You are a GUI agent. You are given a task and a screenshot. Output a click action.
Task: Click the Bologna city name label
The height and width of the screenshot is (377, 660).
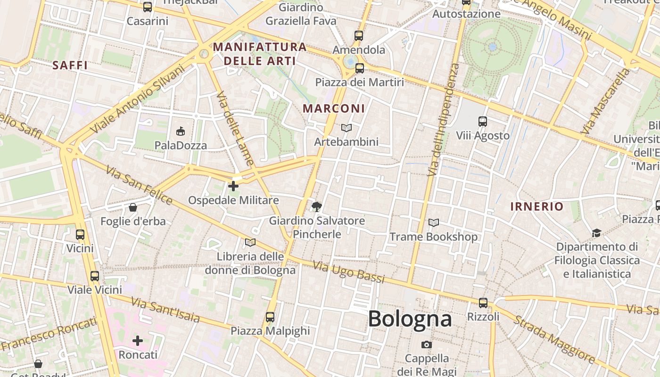(x=410, y=319)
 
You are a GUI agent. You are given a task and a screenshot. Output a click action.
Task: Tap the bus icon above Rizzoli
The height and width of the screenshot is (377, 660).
(x=483, y=303)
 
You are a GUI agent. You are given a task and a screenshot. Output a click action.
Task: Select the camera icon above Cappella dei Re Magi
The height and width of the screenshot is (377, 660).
(x=427, y=345)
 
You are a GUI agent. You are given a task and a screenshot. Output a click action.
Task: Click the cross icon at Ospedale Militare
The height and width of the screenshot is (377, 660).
(x=233, y=186)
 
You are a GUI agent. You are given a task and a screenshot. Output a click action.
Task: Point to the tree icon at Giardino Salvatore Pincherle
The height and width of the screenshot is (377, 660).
(x=317, y=206)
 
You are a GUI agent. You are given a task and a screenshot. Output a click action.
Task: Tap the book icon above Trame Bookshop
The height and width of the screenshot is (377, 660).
(x=434, y=222)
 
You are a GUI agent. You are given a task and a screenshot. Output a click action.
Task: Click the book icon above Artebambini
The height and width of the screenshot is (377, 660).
(x=346, y=128)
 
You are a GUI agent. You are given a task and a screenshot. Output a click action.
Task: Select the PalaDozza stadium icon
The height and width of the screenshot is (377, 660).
(x=181, y=131)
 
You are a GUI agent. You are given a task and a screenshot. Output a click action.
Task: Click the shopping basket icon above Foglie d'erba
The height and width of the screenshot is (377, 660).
(x=133, y=207)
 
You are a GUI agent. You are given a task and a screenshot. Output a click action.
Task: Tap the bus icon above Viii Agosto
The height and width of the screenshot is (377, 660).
(x=482, y=122)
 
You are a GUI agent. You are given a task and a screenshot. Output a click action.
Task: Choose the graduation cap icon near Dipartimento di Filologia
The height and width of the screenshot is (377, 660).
(x=596, y=233)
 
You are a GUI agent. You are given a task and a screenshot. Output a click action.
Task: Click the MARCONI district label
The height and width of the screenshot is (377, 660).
(x=334, y=108)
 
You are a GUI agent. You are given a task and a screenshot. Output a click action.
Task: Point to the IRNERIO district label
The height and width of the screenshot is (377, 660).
(x=537, y=206)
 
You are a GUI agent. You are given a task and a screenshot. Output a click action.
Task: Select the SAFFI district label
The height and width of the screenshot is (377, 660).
(x=70, y=65)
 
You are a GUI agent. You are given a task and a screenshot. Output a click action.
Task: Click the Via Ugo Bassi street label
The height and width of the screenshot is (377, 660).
(x=348, y=272)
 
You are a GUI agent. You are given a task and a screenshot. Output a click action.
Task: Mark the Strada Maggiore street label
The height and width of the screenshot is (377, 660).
(x=553, y=339)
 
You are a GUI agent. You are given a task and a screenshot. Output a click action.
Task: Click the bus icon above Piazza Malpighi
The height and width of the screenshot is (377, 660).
(x=270, y=317)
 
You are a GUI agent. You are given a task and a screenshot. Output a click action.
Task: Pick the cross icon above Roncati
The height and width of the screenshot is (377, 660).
(x=138, y=340)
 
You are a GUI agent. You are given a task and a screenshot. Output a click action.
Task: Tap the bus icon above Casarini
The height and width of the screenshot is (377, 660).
(x=148, y=7)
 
